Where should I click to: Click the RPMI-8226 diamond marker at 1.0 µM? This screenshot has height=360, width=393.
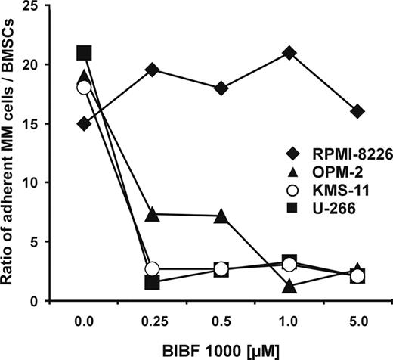point(289,53)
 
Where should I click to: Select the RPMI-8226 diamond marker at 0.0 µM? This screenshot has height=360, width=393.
point(84,123)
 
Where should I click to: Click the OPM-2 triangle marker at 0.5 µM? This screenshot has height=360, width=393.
point(221,216)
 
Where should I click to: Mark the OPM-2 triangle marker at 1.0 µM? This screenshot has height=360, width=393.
point(289,286)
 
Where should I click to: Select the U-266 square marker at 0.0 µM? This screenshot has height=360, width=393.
point(84,53)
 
